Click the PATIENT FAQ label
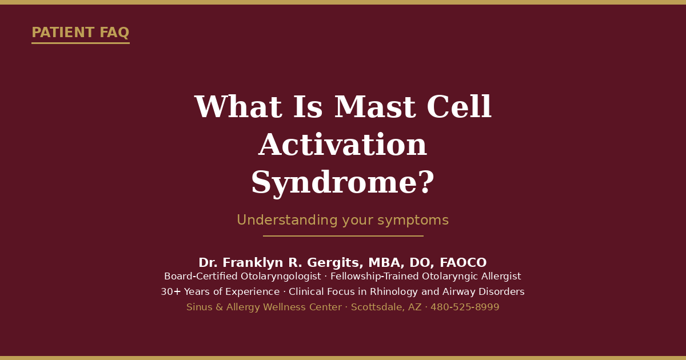point(81,33)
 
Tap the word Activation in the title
point(342,145)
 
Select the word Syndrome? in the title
point(342,183)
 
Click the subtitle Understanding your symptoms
point(342,220)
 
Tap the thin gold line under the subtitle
point(343,236)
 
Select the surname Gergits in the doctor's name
point(335,263)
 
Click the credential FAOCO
point(463,263)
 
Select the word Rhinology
point(394,292)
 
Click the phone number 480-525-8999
point(465,307)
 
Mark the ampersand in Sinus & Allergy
point(220,307)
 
